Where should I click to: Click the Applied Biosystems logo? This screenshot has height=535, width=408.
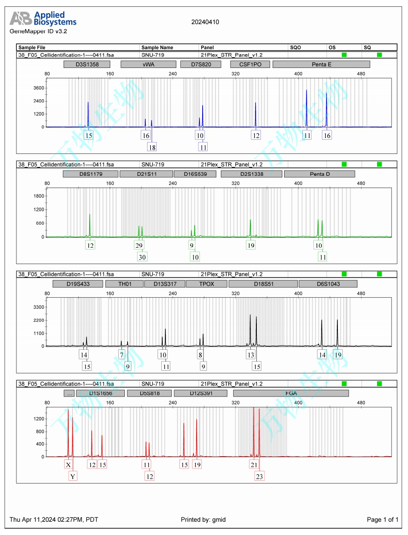coord(43,19)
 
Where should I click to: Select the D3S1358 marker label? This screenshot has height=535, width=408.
coord(87,64)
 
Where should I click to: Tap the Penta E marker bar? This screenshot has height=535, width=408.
coord(321,64)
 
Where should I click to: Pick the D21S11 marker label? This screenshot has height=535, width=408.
coord(146,174)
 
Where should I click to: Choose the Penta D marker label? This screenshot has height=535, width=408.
coord(319,174)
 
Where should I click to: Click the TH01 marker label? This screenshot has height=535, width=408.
coord(124,284)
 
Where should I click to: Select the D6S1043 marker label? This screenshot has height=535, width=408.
coord(328,284)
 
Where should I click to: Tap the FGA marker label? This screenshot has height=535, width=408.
coord(291,393)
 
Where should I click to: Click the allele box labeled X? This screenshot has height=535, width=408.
coord(68,465)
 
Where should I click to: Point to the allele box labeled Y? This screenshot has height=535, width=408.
coord(72,476)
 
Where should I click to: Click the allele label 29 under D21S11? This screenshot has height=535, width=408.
coord(139,245)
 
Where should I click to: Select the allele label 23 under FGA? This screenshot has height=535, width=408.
coord(259,476)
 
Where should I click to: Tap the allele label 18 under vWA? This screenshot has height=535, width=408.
coord(152,147)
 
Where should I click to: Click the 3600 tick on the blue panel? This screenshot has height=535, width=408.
coord(38,88)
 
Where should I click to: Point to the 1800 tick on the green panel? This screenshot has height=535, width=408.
coord(38,196)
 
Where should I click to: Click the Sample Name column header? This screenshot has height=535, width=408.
coord(157,47)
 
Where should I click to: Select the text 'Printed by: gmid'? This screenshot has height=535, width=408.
coord(203,520)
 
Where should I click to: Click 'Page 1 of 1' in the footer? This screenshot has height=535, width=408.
coord(382,520)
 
